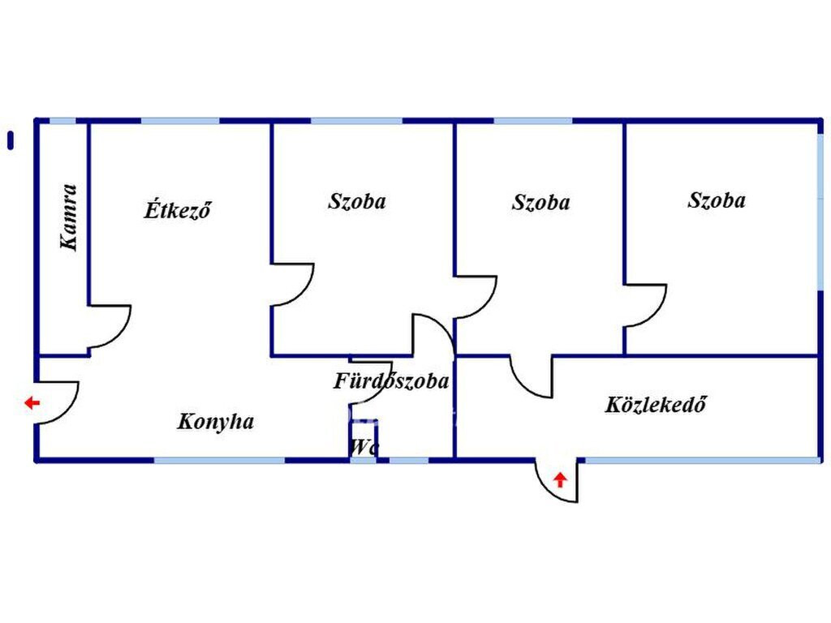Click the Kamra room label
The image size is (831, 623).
point(70,217)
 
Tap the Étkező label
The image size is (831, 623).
point(178,210)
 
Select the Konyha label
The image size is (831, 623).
point(216,422)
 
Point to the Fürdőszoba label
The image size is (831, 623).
point(391,380)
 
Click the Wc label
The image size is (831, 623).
point(363,447)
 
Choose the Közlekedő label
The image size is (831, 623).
point(655,404)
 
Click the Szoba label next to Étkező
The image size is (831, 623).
point(357,201)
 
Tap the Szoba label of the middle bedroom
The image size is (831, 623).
point(540,203)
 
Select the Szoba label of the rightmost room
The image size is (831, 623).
point(717,200)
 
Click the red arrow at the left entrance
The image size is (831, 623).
point(32,402)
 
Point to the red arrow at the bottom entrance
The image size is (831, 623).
point(560,479)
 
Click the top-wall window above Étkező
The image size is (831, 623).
point(180,121)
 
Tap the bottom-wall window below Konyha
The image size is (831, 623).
point(219,461)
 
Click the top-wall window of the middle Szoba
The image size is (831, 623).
point(532,121)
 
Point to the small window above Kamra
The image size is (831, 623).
point(62,121)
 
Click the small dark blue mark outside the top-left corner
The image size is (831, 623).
point(11,140)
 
